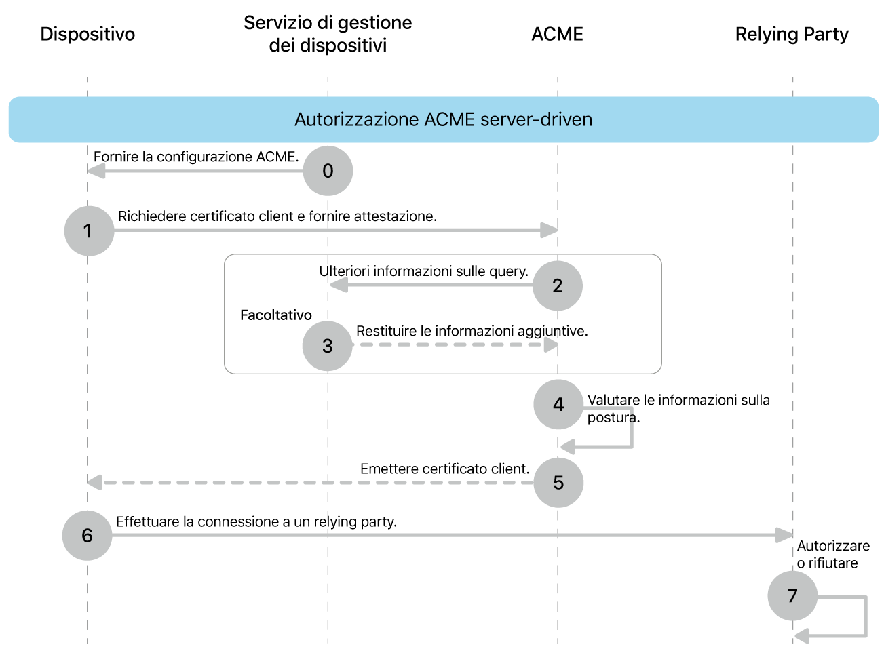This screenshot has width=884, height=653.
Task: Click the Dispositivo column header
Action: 88,34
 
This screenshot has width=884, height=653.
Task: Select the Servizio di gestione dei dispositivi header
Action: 328,34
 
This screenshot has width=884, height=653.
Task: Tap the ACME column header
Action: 557,34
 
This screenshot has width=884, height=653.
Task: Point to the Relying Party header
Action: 792,34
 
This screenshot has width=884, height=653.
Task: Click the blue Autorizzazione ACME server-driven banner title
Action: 443,119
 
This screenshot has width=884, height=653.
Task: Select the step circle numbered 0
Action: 328,171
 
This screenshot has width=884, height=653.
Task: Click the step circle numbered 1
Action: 89,231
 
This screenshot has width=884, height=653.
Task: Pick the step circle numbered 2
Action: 557,285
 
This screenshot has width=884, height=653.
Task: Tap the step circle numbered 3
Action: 328,346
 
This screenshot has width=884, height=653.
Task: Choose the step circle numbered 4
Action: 558,405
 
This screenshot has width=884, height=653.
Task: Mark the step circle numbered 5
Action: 558,483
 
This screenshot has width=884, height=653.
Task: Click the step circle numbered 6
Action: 88,536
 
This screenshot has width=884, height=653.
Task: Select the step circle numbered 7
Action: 792,596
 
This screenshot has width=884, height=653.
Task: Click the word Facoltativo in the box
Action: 276,315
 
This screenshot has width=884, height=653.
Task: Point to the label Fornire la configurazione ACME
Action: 196,157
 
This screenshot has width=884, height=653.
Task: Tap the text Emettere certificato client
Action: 444,469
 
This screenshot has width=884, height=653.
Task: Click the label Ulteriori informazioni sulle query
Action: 423,271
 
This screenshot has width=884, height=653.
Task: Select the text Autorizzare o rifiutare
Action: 832,554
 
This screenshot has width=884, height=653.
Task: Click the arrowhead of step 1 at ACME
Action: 549,231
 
